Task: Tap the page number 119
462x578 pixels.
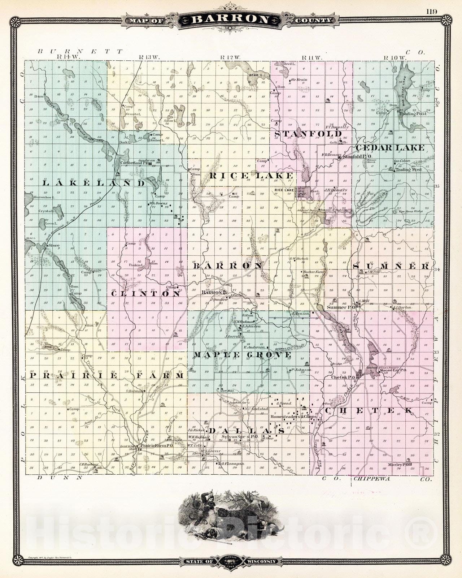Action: click(x=431, y=11)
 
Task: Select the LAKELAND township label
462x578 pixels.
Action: click(x=93, y=183)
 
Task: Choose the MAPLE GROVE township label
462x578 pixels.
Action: click(x=242, y=355)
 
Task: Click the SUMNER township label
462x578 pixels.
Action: click(x=391, y=266)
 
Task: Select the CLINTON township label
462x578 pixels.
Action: click(x=145, y=294)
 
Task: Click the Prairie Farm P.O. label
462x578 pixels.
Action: click(x=157, y=446)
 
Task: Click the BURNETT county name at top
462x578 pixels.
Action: click(x=80, y=52)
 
